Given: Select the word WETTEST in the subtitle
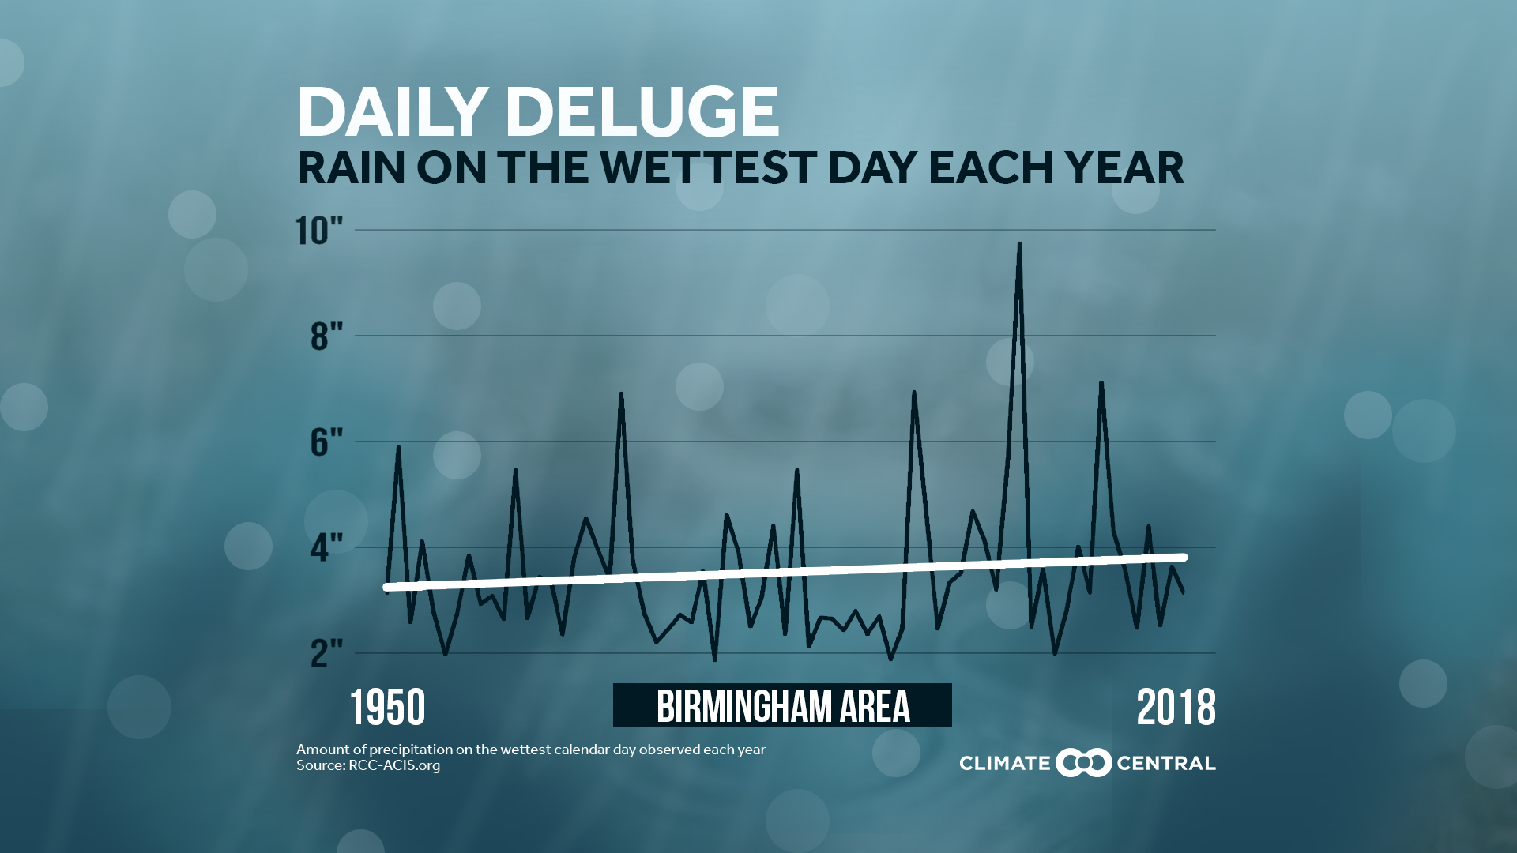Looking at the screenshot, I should point(708,167).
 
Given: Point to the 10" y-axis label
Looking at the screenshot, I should point(319,231).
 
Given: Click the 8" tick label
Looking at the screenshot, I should point(326,336).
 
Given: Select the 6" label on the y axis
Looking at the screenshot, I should point(326,442).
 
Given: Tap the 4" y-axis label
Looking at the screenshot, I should point(326,547).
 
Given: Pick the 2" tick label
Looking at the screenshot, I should point(326,653).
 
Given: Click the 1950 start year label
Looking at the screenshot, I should point(387,707).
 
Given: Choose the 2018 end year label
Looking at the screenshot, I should point(1176,707).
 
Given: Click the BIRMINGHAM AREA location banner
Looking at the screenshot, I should point(782,705).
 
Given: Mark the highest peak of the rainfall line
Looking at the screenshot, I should point(1019,245).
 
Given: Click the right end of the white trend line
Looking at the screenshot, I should point(1184,558).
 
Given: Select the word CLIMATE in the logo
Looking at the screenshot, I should point(1004,764).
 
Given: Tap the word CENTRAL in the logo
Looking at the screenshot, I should point(1165,764).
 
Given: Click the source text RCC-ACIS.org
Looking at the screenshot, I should point(394,765).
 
